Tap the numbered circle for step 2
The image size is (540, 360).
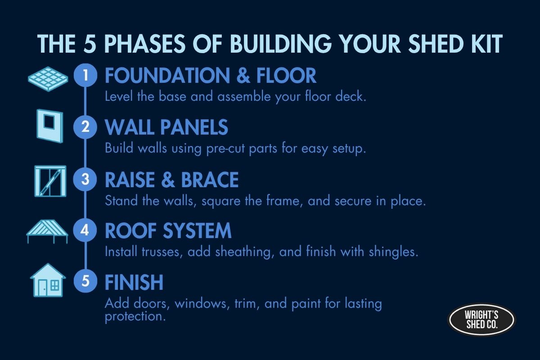[85, 128]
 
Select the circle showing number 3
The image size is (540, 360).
[85, 180]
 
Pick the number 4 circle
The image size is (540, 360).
[85, 231]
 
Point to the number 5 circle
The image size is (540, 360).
[85, 283]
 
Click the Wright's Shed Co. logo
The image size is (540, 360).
[481, 320]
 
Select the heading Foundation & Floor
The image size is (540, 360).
[211, 76]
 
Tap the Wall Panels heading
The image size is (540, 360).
[166, 128]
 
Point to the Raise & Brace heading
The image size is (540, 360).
[171, 180]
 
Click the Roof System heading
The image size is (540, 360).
[168, 231]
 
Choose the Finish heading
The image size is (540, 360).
[134, 283]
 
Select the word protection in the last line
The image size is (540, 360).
[133, 317]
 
